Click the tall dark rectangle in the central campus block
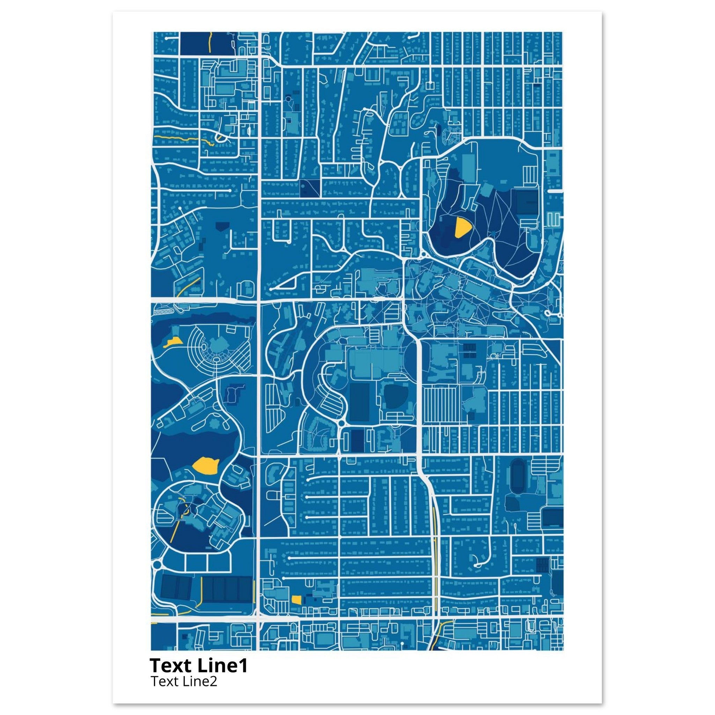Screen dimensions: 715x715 click(x=358, y=402)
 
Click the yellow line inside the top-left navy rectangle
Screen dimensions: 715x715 click(x=210, y=43)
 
